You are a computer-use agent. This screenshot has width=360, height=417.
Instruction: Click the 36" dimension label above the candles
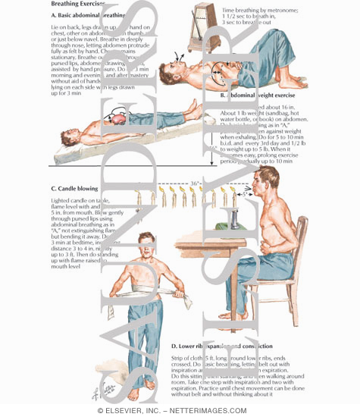[195, 183]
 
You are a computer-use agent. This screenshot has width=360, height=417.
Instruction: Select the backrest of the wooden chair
[319, 250]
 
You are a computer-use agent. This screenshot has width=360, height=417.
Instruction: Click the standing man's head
[156, 252]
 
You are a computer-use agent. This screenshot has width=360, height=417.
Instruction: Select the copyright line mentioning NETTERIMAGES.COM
[180, 410]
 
